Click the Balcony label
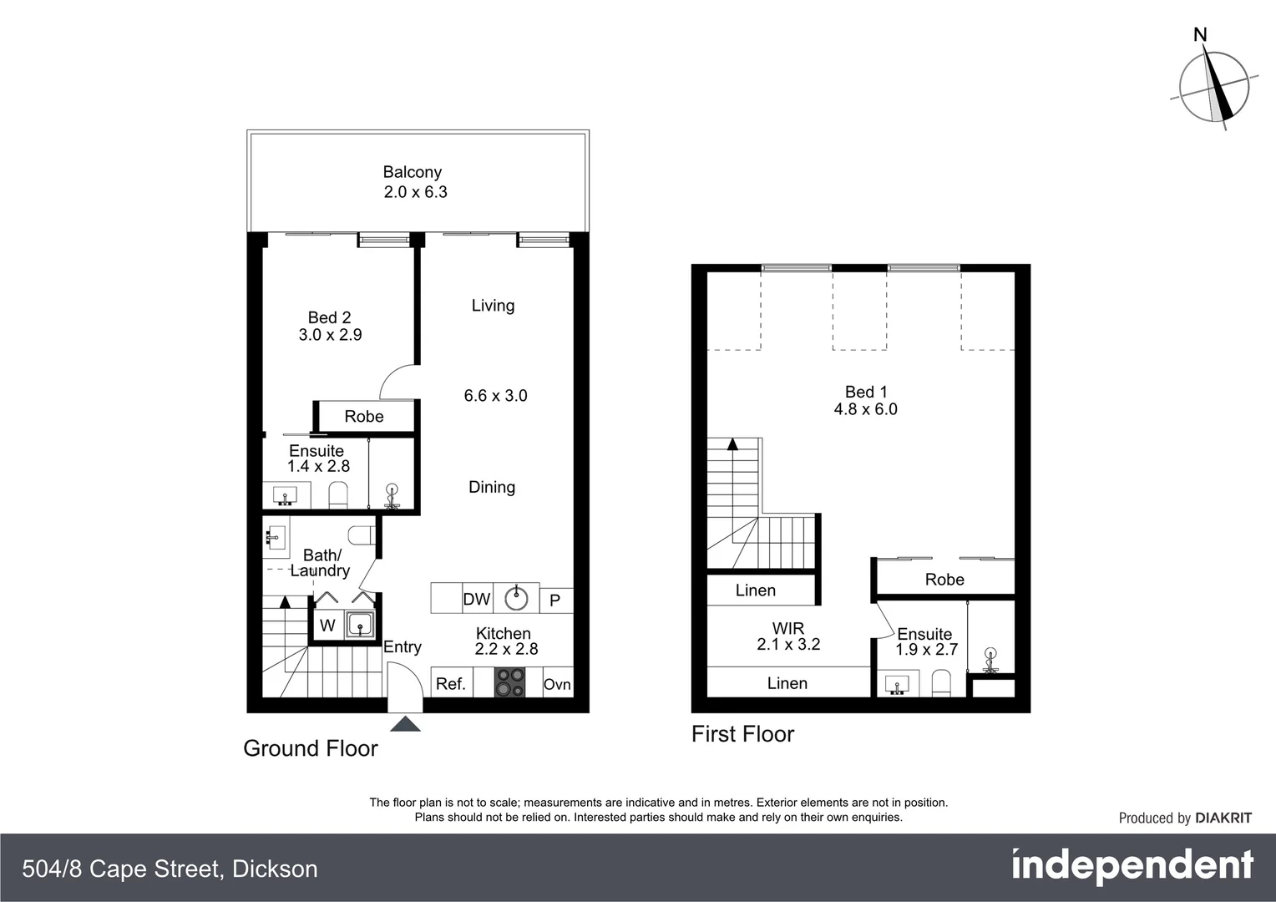tap(412, 172)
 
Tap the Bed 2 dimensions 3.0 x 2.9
tap(330, 335)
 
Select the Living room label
tap(493, 306)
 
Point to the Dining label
tap(491, 487)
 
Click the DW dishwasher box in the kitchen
tap(476, 599)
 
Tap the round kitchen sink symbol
tap(516, 598)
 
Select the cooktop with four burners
tap(509, 682)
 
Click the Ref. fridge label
tap(450, 684)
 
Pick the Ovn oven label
tap(557, 684)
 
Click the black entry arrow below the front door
tap(405, 723)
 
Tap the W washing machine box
tap(327, 625)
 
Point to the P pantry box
tap(555, 600)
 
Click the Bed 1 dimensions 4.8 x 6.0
tap(865, 409)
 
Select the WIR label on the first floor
tap(787, 628)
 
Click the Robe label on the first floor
tap(944, 580)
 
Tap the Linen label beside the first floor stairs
tap(755, 590)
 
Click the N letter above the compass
tap(1200, 35)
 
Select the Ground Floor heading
tap(311, 748)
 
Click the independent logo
tap(1132, 866)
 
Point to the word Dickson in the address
tap(275, 869)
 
